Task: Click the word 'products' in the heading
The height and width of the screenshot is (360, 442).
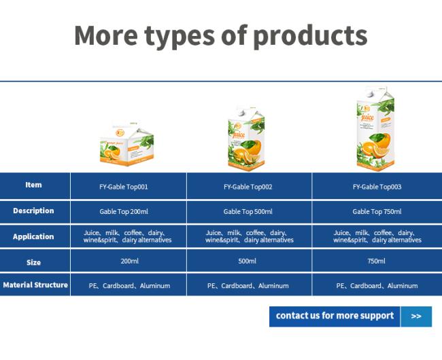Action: point(310,37)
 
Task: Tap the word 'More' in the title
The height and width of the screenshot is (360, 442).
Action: point(106,35)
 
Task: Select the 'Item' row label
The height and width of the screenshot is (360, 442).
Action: point(33,185)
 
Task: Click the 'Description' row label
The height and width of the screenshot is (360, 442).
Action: point(33,211)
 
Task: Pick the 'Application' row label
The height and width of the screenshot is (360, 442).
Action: point(33,236)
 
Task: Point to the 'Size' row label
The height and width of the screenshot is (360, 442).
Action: point(33,263)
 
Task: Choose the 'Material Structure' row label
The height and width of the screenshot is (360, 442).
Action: point(35,285)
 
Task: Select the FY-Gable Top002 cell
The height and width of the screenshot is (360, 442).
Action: point(248,187)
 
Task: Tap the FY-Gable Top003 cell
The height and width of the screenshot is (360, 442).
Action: point(377,187)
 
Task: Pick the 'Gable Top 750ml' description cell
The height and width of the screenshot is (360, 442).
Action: point(377,212)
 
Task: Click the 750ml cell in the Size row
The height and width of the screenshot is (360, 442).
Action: point(376,262)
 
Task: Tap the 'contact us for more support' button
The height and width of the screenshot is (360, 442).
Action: point(335,317)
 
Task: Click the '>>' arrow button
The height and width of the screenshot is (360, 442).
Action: point(416,317)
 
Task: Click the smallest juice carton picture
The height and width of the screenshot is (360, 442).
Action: point(127,143)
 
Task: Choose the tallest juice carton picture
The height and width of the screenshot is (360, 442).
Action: point(376,128)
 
